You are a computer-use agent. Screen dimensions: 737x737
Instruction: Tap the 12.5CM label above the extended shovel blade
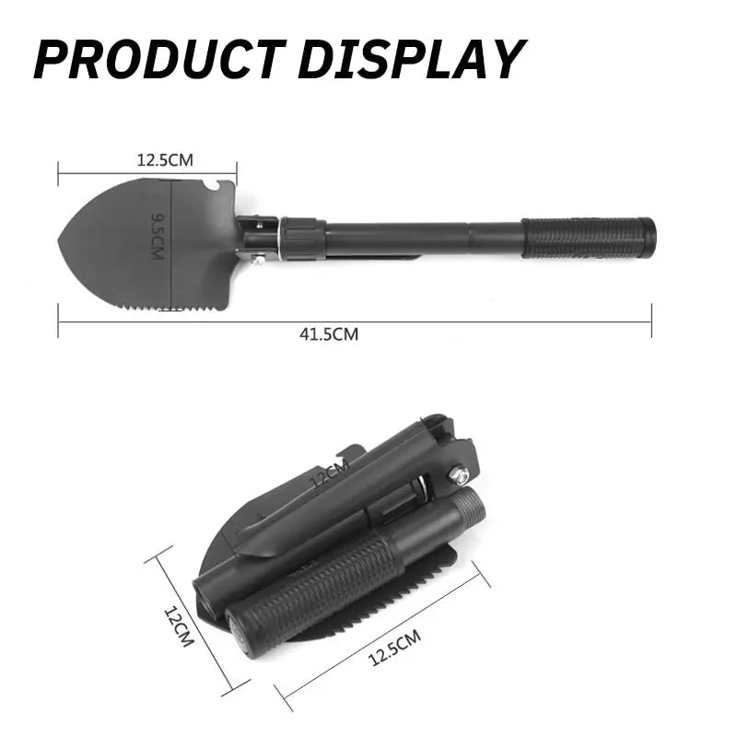point(166,159)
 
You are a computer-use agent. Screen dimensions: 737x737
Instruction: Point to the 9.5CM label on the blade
point(158,236)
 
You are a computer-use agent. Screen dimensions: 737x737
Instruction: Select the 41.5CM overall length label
point(329,334)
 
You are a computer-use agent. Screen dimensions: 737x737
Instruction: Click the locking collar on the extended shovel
point(302,239)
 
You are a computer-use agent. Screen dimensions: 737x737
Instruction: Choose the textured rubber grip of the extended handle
point(585,238)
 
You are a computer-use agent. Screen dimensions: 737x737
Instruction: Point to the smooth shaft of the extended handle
point(424,238)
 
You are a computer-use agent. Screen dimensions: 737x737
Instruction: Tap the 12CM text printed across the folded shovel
point(329,476)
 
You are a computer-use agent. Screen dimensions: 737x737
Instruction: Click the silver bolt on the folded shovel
point(458,476)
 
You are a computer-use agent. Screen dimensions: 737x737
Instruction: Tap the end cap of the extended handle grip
point(650,238)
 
